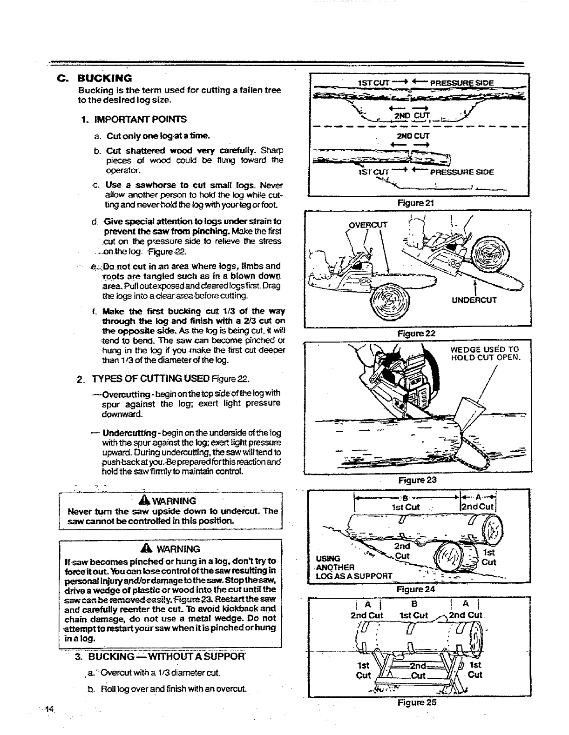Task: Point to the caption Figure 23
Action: pyautogui.click(x=417, y=480)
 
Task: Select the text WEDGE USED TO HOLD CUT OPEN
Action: pyautogui.click(x=485, y=354)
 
